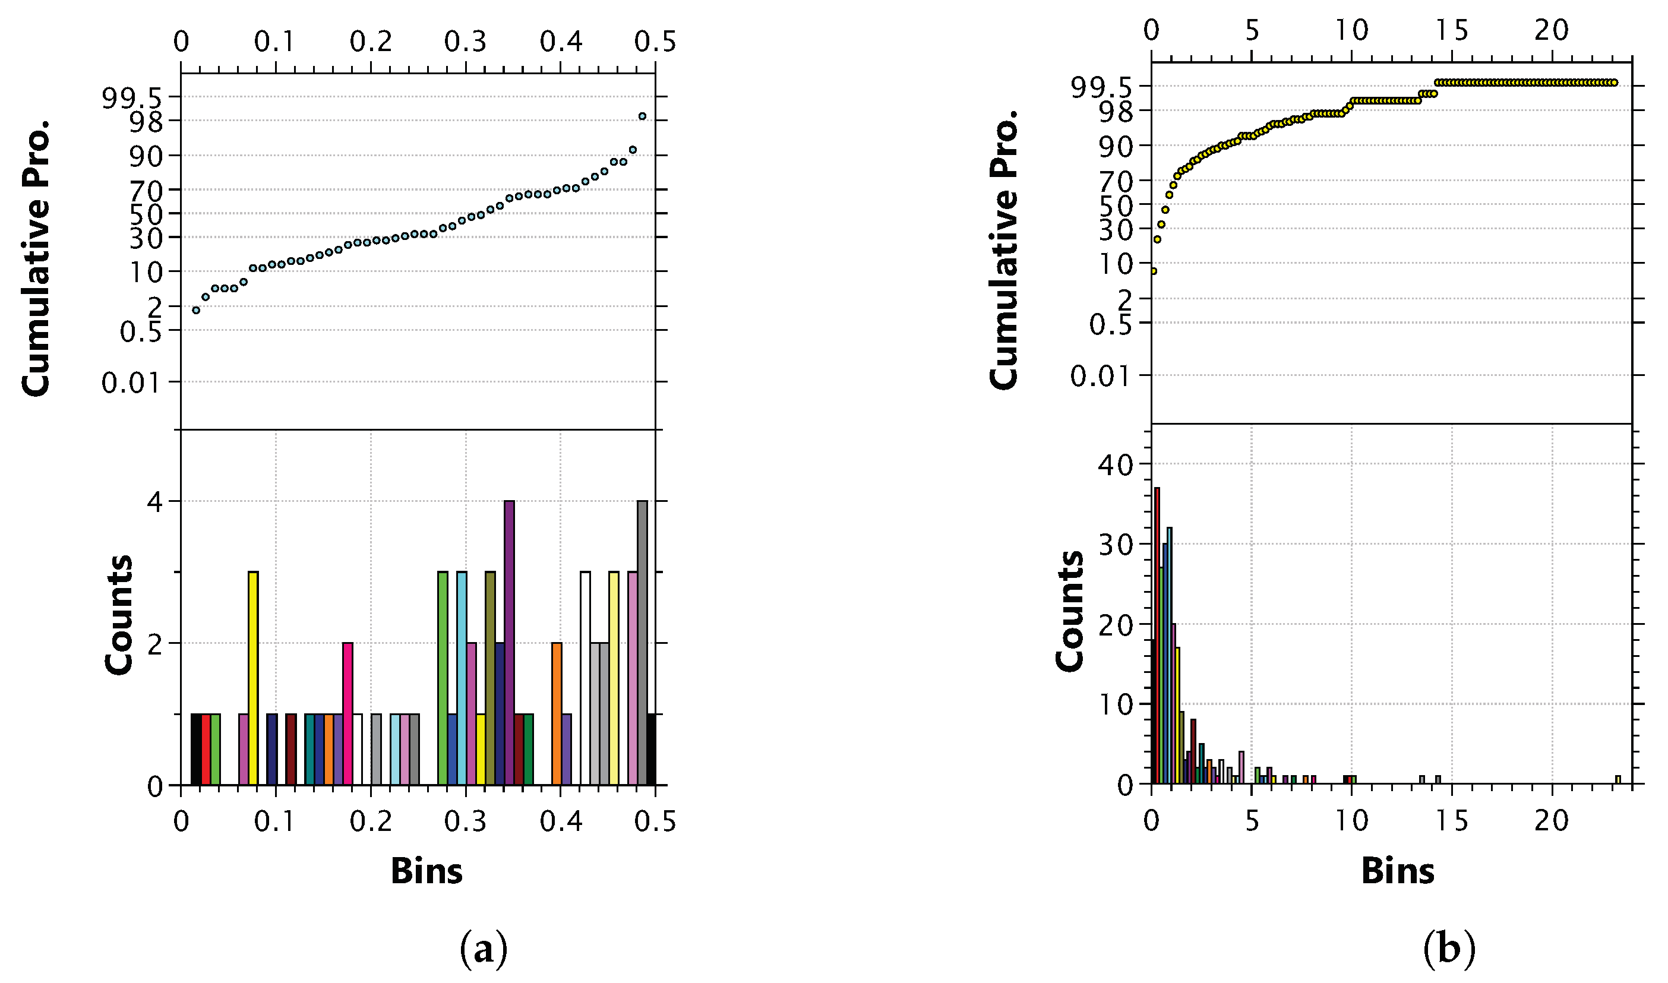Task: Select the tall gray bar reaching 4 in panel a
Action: (642, 643)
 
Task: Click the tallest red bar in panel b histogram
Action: (1157, 636)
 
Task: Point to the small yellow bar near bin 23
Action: (1618, 780)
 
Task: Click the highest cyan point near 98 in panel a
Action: (642, 116)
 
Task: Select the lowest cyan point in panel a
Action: (196, 310)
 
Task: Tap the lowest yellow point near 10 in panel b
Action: (1154, 271)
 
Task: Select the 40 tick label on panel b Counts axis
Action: (1116, 464)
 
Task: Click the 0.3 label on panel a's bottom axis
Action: (465, 822)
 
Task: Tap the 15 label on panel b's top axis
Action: (1451, 30)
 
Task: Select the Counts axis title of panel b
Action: (1069, 611)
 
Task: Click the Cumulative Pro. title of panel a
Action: (36, 258)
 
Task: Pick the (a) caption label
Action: (483, 949)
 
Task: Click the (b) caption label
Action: (1449, 949)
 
